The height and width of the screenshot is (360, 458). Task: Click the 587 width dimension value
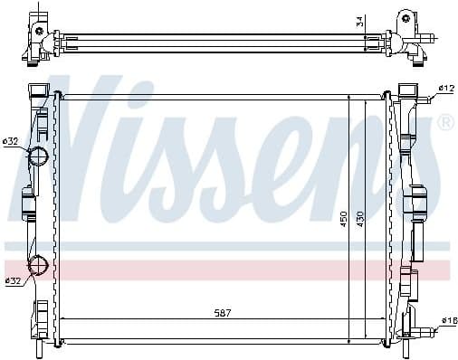[224, 312]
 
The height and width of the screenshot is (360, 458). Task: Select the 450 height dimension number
[344, 219]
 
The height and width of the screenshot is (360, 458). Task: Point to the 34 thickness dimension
[359, 20]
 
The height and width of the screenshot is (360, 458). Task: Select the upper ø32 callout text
[11, 141]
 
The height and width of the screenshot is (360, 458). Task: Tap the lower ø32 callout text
[13, 280]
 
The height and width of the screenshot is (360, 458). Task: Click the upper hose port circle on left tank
[40, 156]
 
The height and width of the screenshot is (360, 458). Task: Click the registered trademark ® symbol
[444, 122]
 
